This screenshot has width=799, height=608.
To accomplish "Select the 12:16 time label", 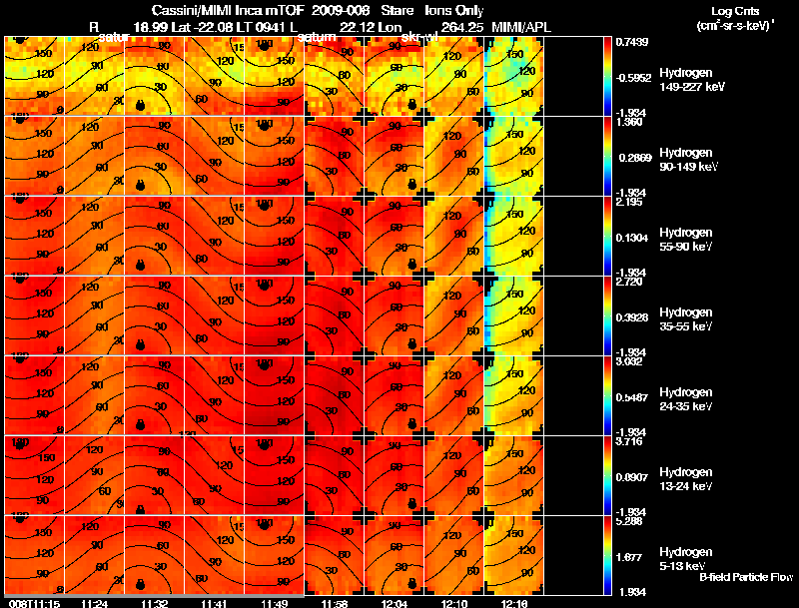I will tap(513, 603).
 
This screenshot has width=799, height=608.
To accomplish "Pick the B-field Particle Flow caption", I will tap(745, 577).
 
